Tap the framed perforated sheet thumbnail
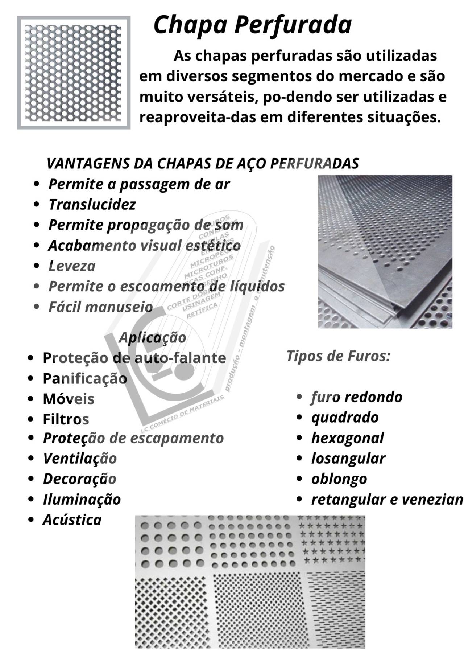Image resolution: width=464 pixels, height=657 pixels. pyautogui.click(x=74, y=72)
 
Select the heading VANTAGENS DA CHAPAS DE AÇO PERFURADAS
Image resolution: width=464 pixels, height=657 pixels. pyautogui.click(x=203, y=164)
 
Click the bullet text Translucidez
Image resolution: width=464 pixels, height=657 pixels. pyautogui.click(x=92, y=205)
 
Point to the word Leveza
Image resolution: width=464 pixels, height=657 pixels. pyautogui.click(x=72, y=266)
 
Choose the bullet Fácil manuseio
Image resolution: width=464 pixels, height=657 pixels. pyautogui.click(x=100, y=307)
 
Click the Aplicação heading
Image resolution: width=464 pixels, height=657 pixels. pyautogui.click(x=152, y=337)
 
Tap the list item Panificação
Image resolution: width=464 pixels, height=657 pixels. pyautogui.click(x=85, y=378)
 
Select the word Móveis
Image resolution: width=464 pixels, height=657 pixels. pyautogui.click(x=69, y=399)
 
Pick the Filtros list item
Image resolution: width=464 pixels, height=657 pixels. pyautogui.click(x=66, y=419)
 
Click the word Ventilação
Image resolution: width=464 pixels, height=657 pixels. pyautogui.click(x=80, y=458)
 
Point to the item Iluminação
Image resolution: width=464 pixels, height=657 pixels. pyautogui.click(x=82, y=499)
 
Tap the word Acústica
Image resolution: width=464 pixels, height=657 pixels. pyautogui.click(x=72, y=520)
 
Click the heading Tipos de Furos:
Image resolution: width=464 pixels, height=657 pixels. pyautogui.click(x=338, y=356)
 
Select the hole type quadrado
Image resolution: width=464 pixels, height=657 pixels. pyautogui.click(x=345, y=417)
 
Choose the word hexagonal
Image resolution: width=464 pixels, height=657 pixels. pyautogui.click(x=347, y=438)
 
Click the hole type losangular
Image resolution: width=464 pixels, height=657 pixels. pyautogui.click(x=348, y=458)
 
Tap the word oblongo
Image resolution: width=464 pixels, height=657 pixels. pyautogui.click(x=339, y=479)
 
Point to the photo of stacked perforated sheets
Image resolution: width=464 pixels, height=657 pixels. pyautogui.click(x=385, y=251)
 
